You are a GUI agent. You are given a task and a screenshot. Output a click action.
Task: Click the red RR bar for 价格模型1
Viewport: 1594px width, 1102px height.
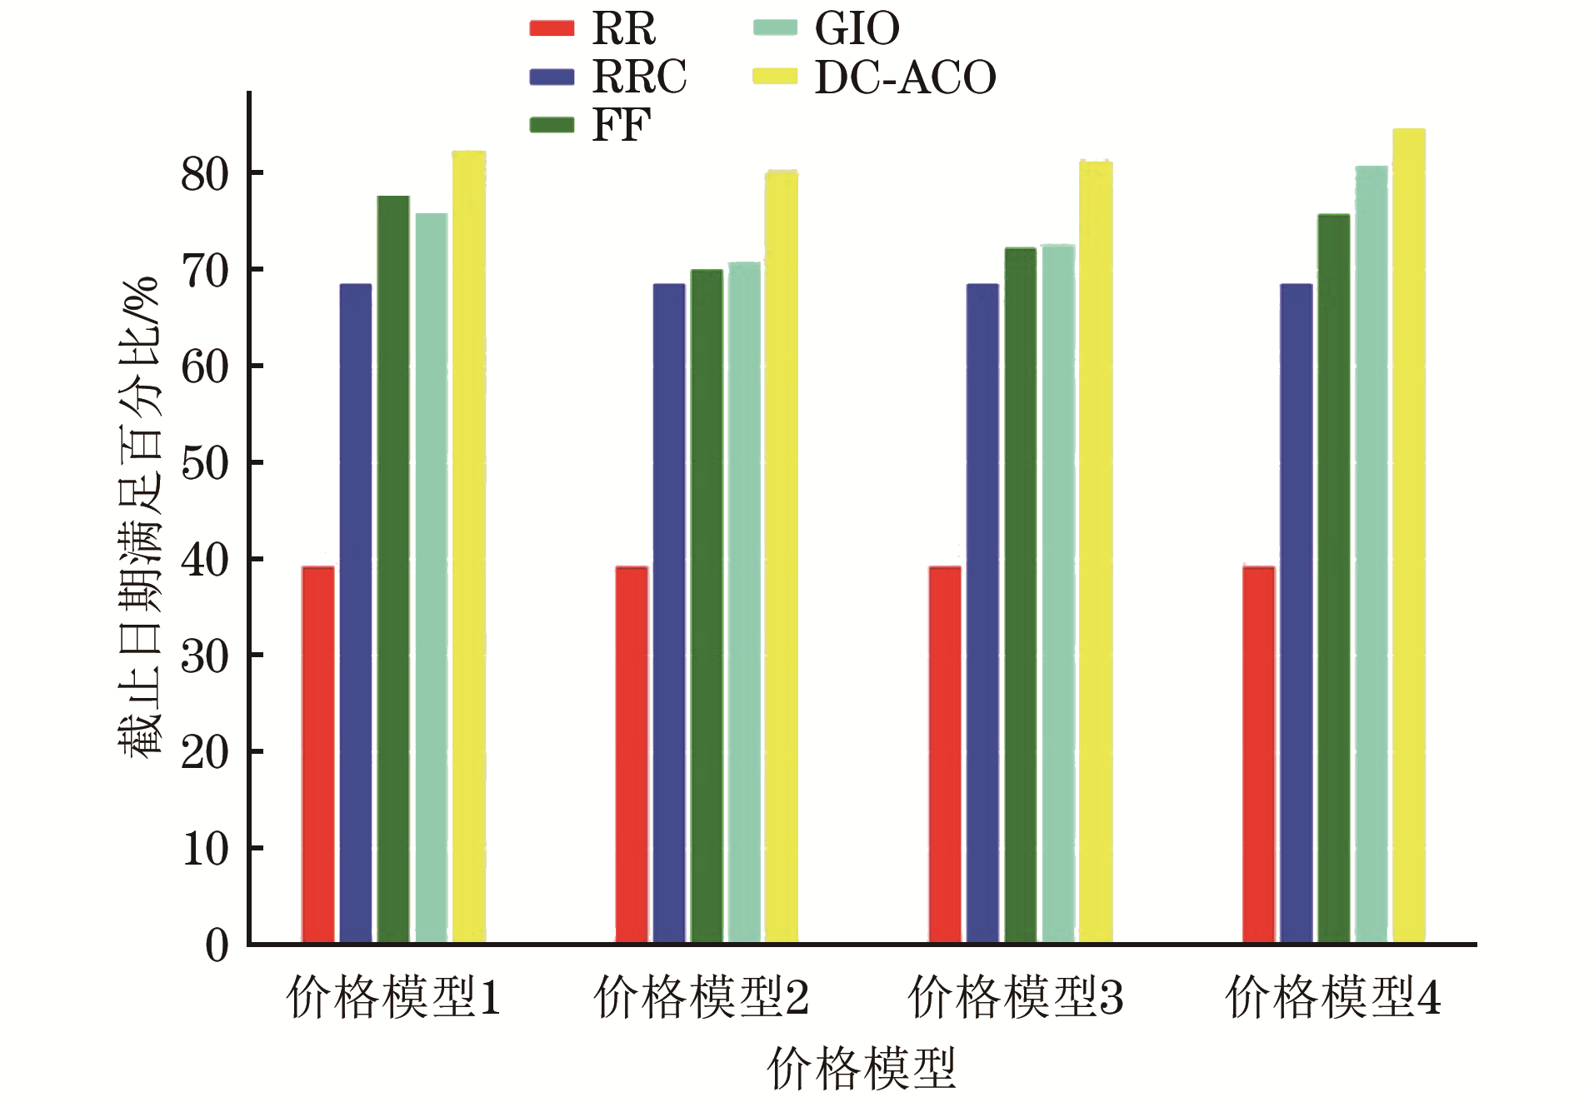[x=318, y=755]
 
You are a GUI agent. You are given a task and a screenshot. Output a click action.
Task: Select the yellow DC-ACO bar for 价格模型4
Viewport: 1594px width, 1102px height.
[x=1409, y=536]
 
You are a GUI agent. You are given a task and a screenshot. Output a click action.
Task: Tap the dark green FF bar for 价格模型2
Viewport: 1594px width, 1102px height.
[x=707, y=606]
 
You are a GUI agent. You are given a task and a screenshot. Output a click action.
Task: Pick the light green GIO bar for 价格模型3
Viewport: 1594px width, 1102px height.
[x=1058, y=594]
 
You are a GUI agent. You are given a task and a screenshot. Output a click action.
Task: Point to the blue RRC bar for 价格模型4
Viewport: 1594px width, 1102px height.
[x=1297, y=614]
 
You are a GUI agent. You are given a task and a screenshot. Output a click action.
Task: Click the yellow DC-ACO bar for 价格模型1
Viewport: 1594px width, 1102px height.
[x=469, y=547]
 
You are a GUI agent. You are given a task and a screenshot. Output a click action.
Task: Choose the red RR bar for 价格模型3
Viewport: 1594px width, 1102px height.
[x=945, y=755]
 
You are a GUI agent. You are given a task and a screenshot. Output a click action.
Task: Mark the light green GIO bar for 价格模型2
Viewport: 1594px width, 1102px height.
[x=744, y=603]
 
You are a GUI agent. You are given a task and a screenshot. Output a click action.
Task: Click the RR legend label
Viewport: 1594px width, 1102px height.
[x=624, y=29]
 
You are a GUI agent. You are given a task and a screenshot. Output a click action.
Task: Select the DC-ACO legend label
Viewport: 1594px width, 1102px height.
[x=905, y=77]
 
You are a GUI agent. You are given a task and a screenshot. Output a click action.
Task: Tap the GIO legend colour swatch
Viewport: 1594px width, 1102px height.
[x=775, y=27]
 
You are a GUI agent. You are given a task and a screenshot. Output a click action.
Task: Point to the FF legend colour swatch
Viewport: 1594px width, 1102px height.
[x=552, y=125]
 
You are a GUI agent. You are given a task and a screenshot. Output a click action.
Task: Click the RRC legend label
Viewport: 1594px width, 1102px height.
[x=639, y=77]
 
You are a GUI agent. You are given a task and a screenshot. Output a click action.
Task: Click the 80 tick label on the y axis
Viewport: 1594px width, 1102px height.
[x=205, y=175]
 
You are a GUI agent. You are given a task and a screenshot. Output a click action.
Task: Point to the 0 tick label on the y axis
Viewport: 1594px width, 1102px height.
[x=217, y=946]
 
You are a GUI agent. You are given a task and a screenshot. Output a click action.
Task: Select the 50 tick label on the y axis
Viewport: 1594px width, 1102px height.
[x=205, y=464]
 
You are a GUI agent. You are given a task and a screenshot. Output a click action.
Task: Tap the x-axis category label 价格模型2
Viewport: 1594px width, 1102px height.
[x=702, y=997]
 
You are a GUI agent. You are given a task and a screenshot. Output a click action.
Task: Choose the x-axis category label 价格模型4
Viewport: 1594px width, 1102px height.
[x=1333, y=997]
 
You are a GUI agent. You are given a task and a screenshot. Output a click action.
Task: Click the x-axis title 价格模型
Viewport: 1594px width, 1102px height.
[x=862, y=1069]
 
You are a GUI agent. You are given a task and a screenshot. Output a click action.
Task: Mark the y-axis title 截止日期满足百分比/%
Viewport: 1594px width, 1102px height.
[x=137, y=516]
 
